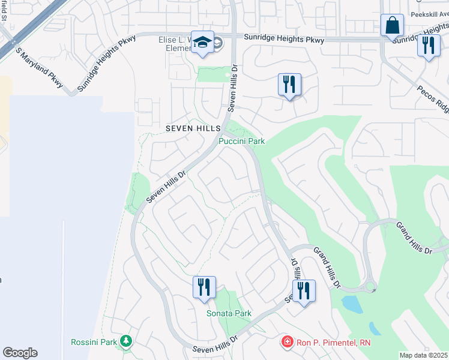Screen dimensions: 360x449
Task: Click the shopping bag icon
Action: click(392, 26)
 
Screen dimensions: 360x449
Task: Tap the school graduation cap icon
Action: click(202, 43)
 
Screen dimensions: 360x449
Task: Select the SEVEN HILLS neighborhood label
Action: click(193, 129)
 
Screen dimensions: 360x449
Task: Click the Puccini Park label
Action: click(241, 141)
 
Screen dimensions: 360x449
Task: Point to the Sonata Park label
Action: click(229, 313)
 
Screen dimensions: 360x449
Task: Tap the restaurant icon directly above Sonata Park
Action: click(204, 287)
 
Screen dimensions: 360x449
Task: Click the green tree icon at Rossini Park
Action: click(126, 341)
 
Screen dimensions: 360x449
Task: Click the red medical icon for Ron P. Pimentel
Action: click(288, 343)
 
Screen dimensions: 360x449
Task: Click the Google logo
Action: click(20, 353)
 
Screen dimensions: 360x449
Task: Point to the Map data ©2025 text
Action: click(424, 355)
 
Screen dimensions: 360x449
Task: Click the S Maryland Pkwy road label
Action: click(40, 68)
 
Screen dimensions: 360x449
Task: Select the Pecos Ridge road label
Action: click(433, 98)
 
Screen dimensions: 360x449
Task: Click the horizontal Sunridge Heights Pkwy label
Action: click(284, 40)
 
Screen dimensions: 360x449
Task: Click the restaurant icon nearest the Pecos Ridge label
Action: click(428, 46)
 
